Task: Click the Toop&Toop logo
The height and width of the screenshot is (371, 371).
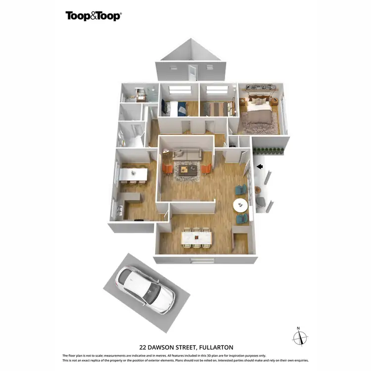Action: tap(93, 16)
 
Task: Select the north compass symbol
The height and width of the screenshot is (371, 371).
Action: tap(300, 338)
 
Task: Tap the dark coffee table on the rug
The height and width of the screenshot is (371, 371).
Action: tap(187, 170)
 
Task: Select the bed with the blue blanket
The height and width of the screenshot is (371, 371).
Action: tap(174, 108)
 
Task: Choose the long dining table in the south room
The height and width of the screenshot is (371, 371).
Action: tap(196, 238)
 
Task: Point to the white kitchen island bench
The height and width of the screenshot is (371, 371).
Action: tap(134, 174)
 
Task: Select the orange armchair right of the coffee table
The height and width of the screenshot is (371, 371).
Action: tap(206, 169)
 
